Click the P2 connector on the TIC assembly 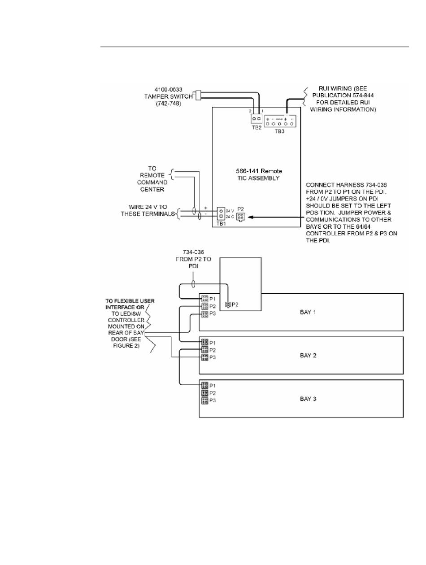click(x=241, y=217)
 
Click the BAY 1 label click(x=308, y=312)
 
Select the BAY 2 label click(x=308, y=355)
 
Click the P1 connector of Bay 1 click(x=204, y=298)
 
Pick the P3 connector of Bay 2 click(x=204, y=357)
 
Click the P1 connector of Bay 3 click(x=204, y=385)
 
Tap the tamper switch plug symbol click(x=200, y=95)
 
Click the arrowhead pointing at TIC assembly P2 click(x=251, y=216)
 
